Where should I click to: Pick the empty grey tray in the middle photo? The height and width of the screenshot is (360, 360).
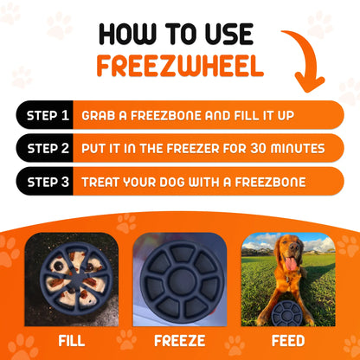(180, 278)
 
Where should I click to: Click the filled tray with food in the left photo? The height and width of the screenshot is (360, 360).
(71, 279)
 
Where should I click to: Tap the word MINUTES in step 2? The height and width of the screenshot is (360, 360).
(291, 148)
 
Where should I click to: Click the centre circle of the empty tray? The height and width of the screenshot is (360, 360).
(180, 279)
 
